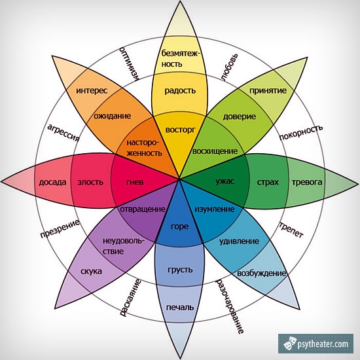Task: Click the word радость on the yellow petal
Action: (180, 91)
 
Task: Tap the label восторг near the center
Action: (181, 130)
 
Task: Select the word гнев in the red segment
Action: (135, 182)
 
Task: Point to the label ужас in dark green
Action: (225, 181)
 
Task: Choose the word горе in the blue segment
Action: (180, 227)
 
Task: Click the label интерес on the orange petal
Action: (92, 90)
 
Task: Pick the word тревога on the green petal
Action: (307, 183)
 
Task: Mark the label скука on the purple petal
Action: (91, 271)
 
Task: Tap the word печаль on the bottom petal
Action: (180, 307)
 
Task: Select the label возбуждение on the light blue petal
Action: (262, 274)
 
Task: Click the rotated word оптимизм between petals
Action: (129, 63)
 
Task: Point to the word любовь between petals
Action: (230, 67)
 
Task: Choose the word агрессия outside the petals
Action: (63, 133)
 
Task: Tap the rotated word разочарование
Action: (230, 306)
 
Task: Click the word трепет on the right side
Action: (291, 230)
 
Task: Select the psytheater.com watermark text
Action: (323, 344)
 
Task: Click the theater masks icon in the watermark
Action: (289, 343)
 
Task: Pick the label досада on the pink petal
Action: (52, 183)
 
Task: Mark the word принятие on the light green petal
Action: (268, 91)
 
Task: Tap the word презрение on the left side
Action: (60, 228)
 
